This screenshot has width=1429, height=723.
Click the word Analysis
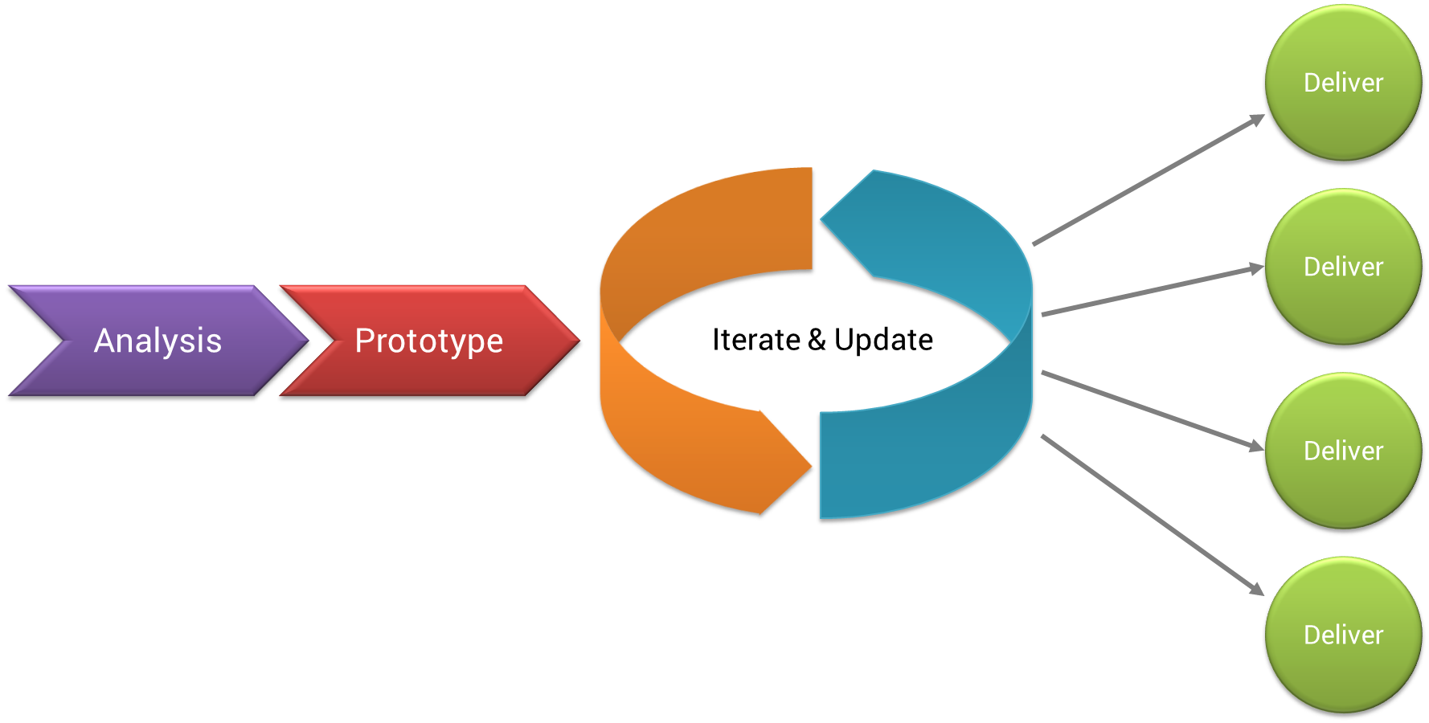coord(158,341)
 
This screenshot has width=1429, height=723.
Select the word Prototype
coord(429,341)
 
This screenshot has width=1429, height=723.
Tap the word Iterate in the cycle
coord(756,340)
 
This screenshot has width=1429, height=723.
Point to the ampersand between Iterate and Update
coord(817,340)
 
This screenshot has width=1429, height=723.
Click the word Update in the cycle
coord(883,340)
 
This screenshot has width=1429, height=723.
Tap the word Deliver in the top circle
coord(1343,83)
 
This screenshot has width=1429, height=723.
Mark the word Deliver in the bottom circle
coord(1343,635)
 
